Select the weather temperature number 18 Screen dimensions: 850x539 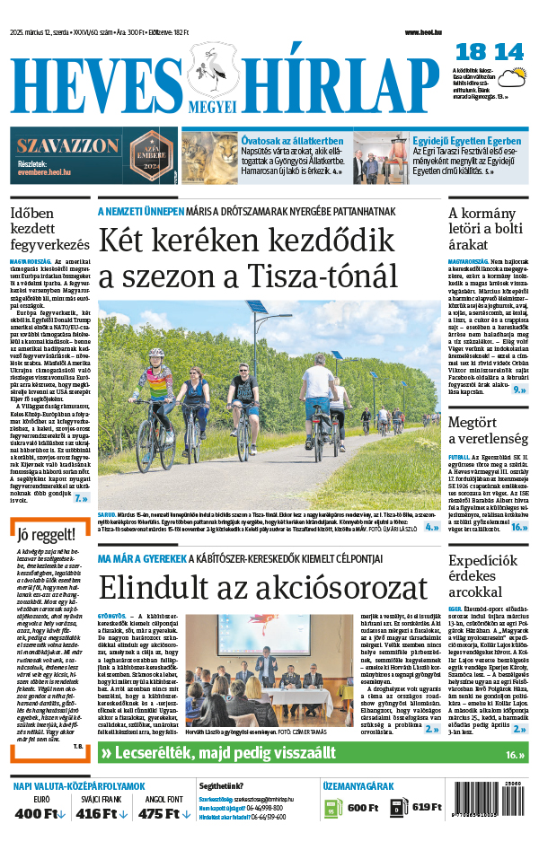point(472,52)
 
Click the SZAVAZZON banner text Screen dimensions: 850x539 point(67,145)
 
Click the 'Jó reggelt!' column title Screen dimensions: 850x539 point(39,536)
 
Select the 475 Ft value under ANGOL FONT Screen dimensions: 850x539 point(158,813)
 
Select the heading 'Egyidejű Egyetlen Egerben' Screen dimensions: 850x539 point(466,141)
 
